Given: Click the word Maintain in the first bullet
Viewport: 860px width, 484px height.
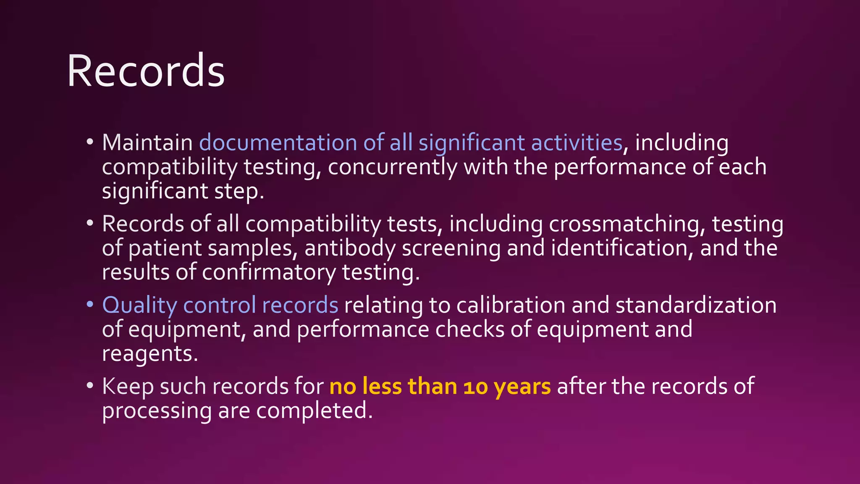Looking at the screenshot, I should (x=147, y=143).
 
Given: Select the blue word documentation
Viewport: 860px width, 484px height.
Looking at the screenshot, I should (x=278, y=143).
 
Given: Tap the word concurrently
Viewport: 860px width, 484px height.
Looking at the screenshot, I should (x=392, y=167).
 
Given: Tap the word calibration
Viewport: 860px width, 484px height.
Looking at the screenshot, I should (x=511, y=305).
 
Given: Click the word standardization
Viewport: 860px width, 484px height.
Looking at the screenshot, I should (x=696, y=305).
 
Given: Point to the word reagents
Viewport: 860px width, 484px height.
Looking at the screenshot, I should (x=149, y=354).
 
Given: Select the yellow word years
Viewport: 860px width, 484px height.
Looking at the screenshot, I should (x=522, y=387).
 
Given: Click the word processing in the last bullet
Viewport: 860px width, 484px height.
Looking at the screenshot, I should (x=157, y=410).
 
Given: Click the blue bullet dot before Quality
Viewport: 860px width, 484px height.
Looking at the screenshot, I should (x=90, y=304).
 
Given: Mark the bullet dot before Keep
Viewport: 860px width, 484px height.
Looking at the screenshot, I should (x=90, y=385).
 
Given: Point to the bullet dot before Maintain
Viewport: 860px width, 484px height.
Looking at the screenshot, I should (x=90, y=142).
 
